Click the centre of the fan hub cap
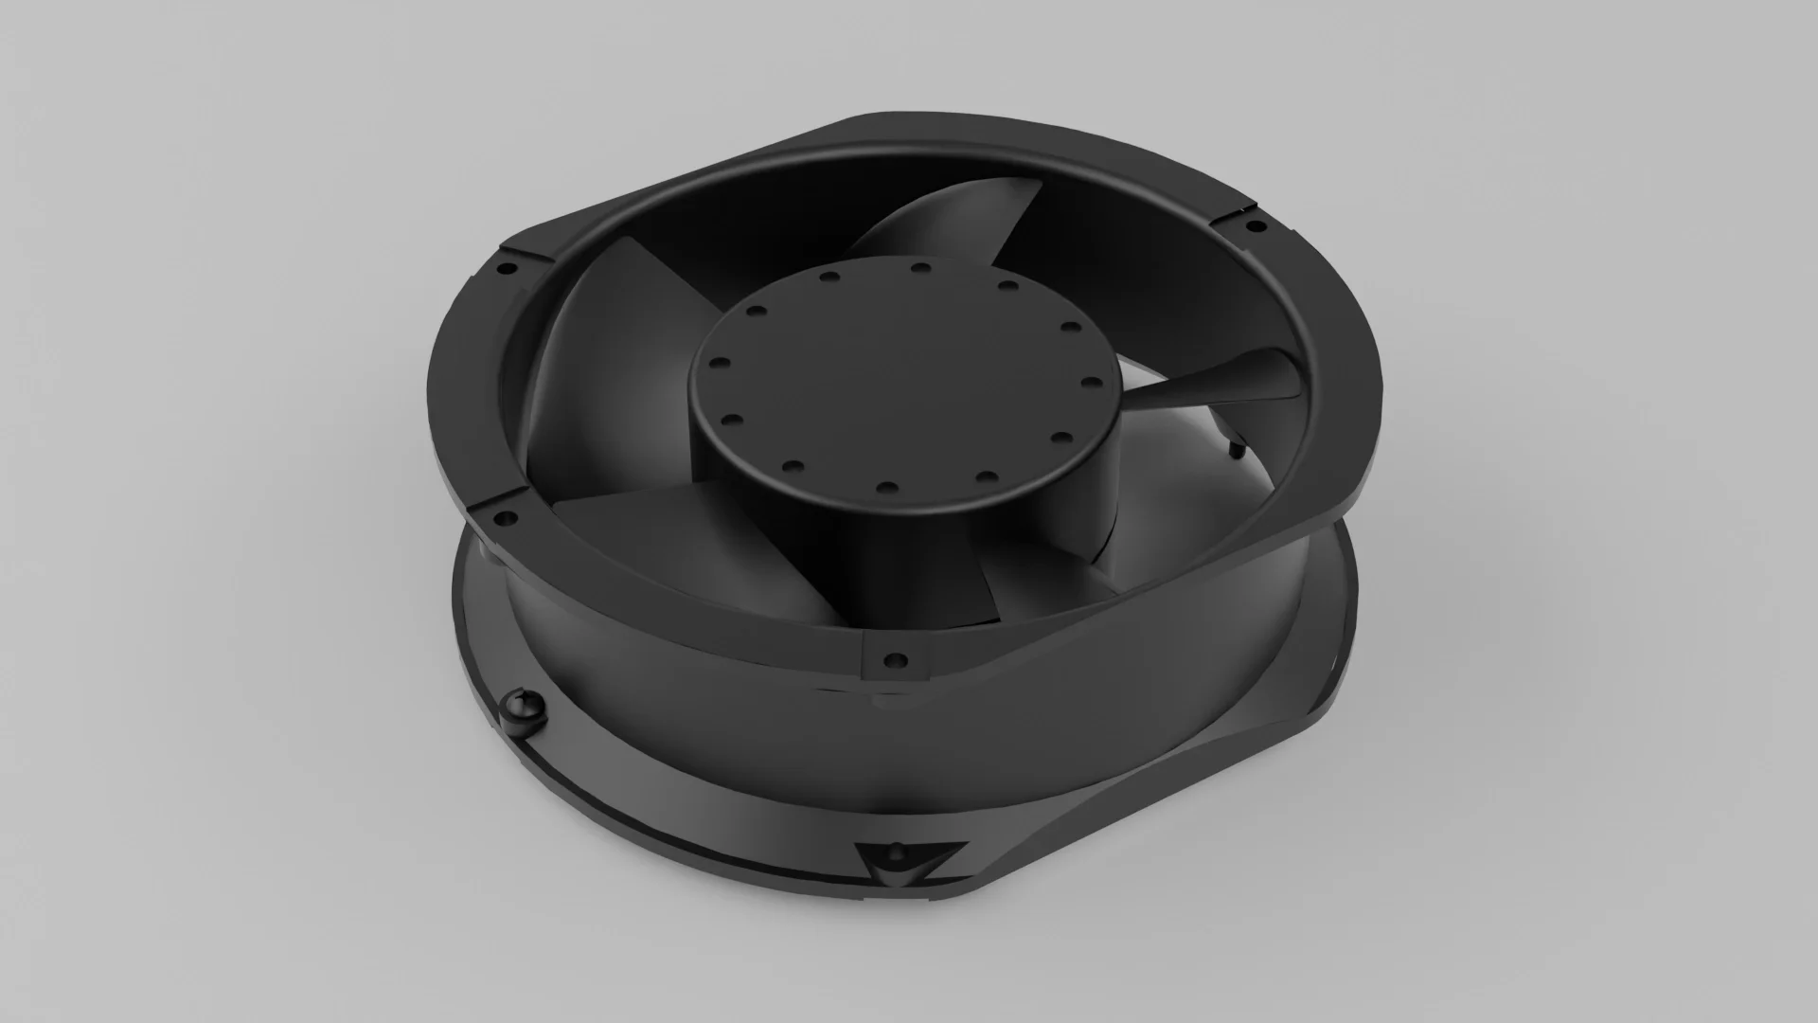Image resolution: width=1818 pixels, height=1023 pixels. pyautogui.click(x=890, y=379)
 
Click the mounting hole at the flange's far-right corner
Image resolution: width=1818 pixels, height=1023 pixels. pyautogui.click(x=1255, y=226)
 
